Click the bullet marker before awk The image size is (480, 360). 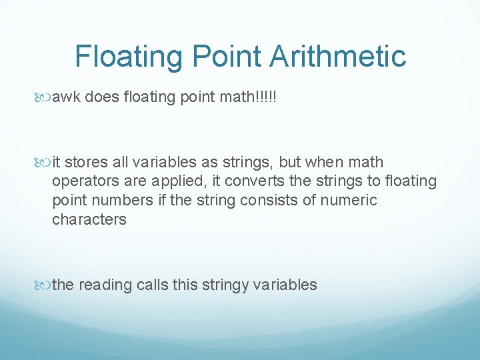[x=45, y=99]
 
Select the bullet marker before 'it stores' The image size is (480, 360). [x=45, y=163]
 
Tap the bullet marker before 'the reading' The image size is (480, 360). [x=45, y=285]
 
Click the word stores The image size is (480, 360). [x=84, y=162]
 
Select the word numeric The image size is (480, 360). [x=352, y=200]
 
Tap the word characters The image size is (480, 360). [x=89, y=219]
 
